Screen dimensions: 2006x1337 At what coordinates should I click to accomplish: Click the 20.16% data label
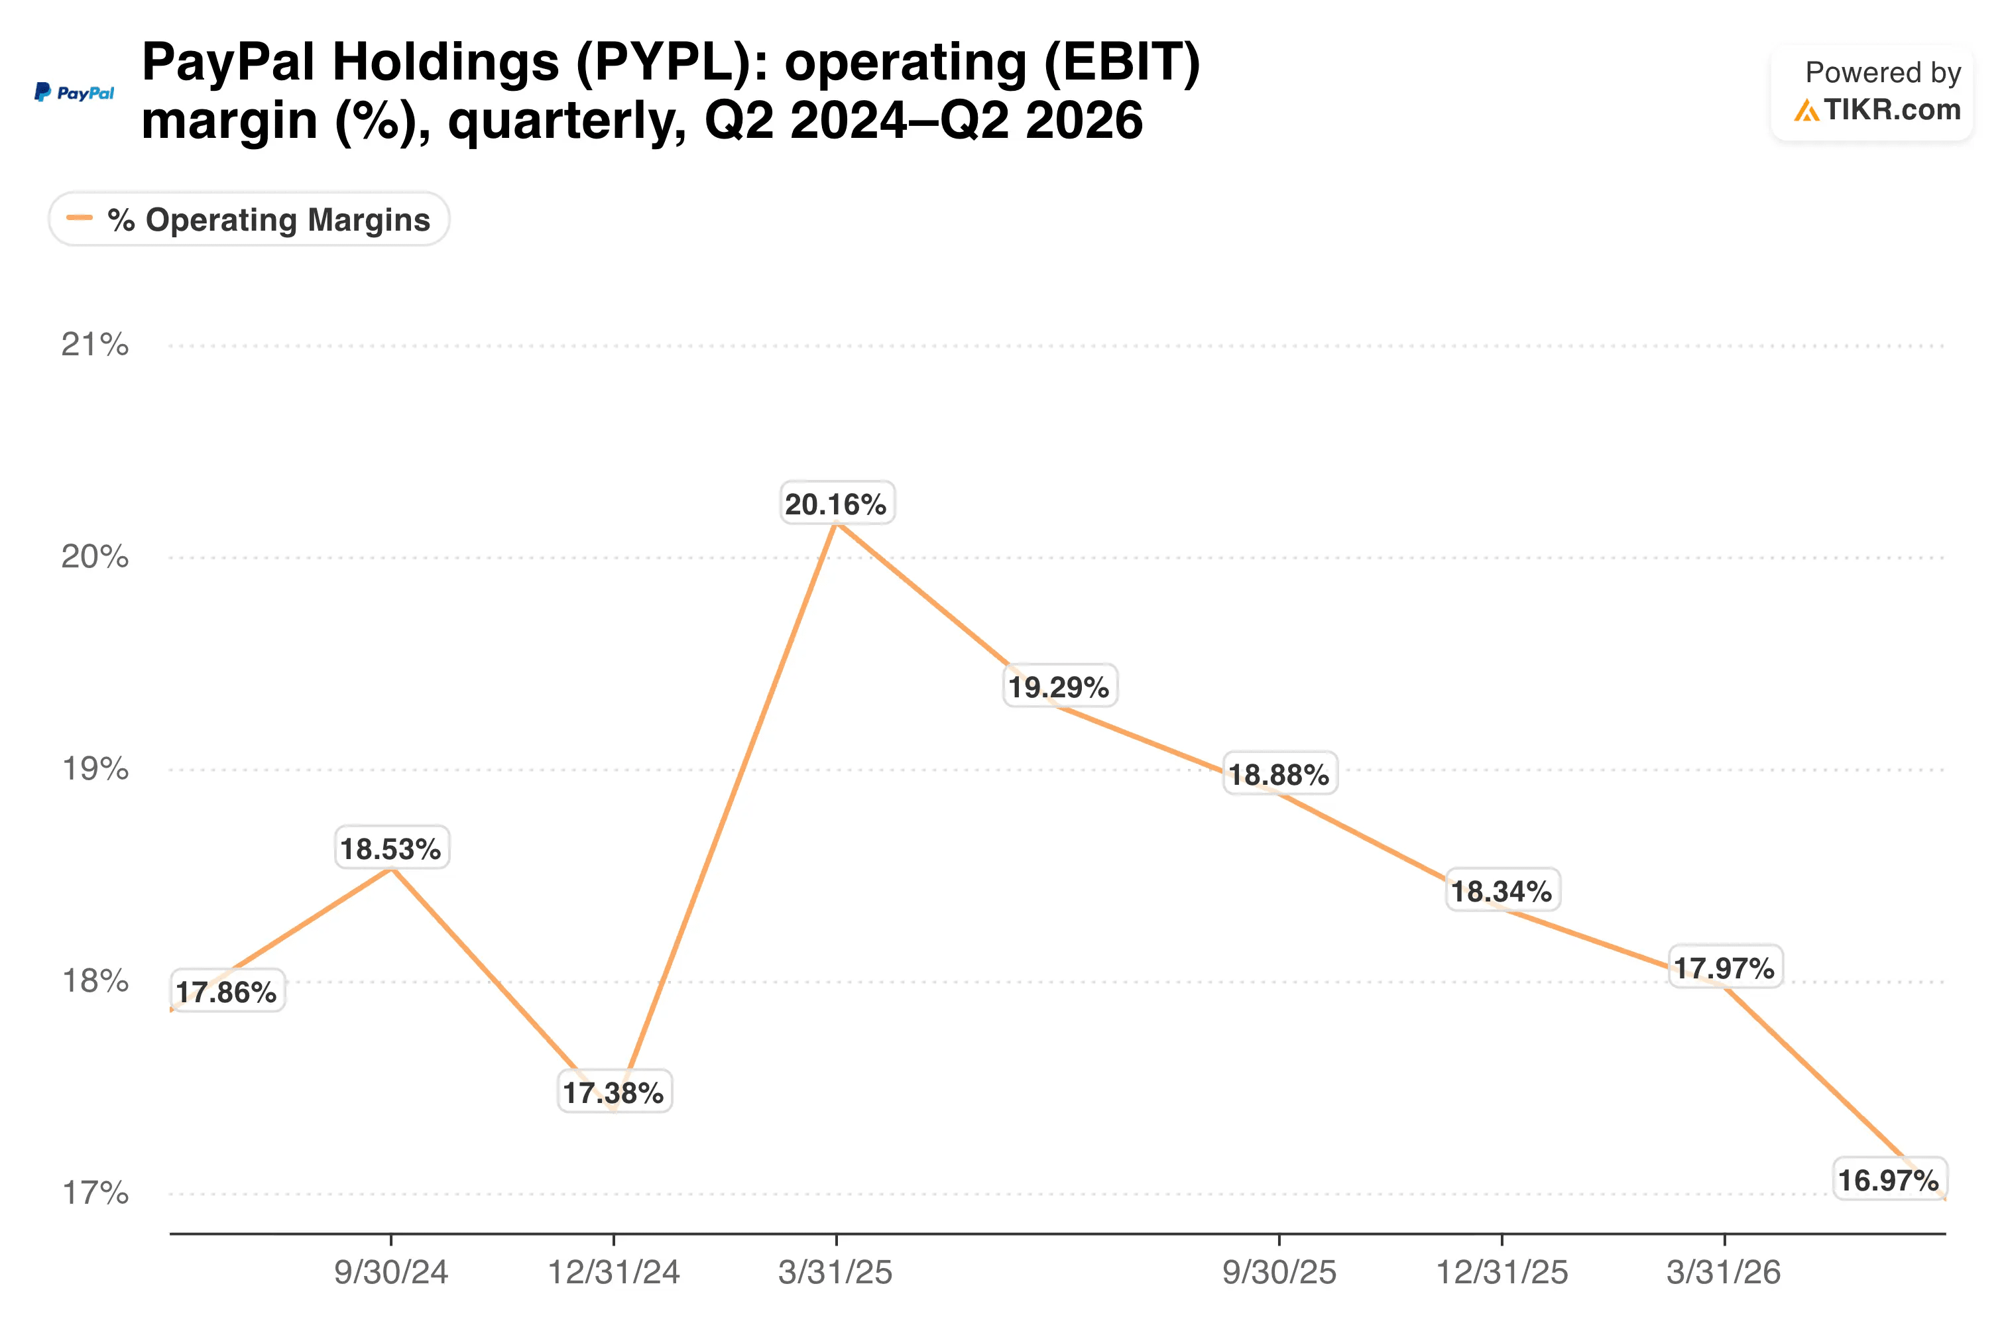[835, 504]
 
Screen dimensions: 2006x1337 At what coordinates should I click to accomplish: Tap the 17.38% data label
[613, 1092]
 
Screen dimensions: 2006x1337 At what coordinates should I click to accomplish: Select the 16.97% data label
[1889, 1180]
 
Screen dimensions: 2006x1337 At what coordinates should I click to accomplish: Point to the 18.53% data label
[391, 848]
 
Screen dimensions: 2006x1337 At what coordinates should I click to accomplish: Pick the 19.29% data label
[1059, 687]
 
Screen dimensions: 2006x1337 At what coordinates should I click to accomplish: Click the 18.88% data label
[1279, 774]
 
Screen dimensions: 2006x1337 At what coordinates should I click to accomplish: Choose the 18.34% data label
[1502, 891]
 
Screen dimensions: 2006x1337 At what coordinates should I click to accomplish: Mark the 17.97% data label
[1724, 968]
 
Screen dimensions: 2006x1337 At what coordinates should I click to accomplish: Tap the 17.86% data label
[227, 992]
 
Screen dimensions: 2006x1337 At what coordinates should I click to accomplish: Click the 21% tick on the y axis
[95, 345]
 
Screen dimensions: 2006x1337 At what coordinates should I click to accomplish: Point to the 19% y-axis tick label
[95, 768]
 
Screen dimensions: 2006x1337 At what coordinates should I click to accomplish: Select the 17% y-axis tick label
[95, 1192]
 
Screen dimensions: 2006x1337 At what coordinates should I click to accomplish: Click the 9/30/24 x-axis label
[391, 1272]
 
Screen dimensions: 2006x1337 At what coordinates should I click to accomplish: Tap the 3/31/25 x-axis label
[835, 1272]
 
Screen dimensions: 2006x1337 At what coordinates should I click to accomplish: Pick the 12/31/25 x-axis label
[1502, 1272]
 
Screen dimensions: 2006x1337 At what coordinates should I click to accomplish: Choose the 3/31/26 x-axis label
[1724, 1272]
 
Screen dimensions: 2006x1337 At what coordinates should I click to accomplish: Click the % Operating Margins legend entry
[249, 219]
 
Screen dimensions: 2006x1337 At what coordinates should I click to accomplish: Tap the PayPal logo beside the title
[74, 92]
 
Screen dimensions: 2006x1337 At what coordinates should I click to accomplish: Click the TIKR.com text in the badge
[1892, 109]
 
